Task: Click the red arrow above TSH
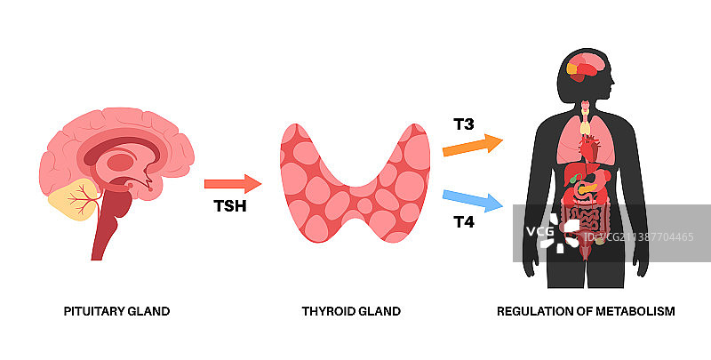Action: [x=233, y=184]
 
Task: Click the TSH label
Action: [x=229, y=207]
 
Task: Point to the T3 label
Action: [x=463, y=124]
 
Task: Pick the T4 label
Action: [x=463, y=222]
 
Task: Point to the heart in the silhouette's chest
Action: [x=589, y=151]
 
